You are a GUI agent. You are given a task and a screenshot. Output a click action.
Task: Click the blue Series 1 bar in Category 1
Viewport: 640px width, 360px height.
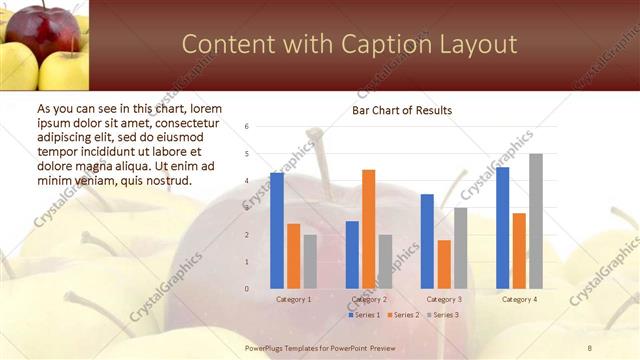pos(277,231)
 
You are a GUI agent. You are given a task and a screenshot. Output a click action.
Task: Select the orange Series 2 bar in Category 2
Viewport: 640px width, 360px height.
pos(368,229)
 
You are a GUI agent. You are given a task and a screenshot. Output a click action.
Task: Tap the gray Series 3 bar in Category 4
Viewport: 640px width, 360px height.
pos(536,221)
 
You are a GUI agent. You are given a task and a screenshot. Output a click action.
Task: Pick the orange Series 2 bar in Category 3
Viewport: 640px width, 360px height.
pos(444,264)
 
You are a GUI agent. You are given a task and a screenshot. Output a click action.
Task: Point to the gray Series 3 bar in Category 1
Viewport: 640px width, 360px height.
pos(310,262)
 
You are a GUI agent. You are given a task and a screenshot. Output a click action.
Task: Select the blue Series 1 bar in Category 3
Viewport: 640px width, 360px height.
pos(427,241)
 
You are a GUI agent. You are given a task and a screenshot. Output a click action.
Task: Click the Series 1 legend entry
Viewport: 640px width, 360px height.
pos(364,315)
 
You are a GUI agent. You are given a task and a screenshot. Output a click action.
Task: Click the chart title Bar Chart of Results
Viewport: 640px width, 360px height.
pos(401,110)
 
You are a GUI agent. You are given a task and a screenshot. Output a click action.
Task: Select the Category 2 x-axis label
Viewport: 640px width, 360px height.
pos(368,299)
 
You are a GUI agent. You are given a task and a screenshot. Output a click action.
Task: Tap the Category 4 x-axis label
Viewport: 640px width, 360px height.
pos(518,299)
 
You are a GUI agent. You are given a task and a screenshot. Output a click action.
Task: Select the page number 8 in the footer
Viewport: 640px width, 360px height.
pos(590,347)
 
